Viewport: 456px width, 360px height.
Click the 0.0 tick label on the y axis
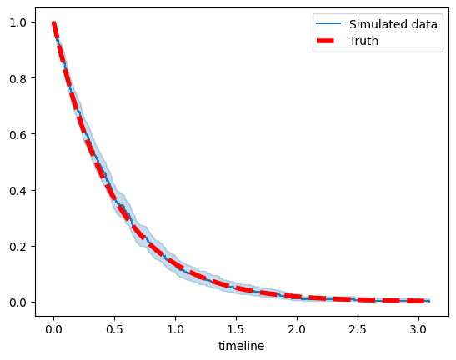click(x=18, y=302)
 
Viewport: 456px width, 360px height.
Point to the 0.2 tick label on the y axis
click(x=18, y=247)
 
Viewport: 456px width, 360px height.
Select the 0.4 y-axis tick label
click(x=18, y=191)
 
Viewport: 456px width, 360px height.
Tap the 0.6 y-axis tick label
click(x=18, y=135)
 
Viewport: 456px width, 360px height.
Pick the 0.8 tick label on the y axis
click(x=18, y=79)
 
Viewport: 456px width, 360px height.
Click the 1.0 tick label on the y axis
click(x=18, y=22)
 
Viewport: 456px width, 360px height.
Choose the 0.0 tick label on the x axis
click(x=54, y=329)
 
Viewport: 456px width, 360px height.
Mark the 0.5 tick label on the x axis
click(x=114, y=329)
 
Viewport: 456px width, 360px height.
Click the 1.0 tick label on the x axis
click(x=175, y=329)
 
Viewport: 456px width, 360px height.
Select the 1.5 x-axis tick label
click(x=236, y=329)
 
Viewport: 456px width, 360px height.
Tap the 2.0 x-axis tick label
click(x=297, y=329)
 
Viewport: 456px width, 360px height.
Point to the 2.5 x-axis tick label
click(x=358, y=329)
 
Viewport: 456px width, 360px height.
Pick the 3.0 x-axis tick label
click(x=418, y=329)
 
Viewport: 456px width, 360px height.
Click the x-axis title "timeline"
click(x=242, y=346)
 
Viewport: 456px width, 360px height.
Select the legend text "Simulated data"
click(x=393, y=24)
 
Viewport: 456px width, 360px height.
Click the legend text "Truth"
click(x=363, y=41)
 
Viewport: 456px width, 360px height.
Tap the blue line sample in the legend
click(x=328, y=23)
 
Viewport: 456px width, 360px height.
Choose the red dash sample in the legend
click(x=325, y=41)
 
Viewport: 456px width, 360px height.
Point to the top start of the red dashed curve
click(x=53, y=22)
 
